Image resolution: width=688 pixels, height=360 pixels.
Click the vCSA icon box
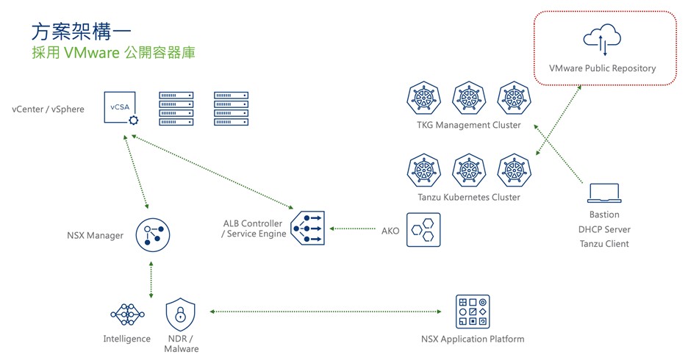click(x=120, y=109)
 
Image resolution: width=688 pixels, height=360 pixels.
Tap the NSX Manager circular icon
click(x=152, y=235)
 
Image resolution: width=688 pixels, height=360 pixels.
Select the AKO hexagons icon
click(x=423, y=229)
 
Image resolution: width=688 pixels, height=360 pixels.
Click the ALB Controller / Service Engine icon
click(x=307, y=228)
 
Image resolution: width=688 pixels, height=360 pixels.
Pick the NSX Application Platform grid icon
click(x=472, y=312)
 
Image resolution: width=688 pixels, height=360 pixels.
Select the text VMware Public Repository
click(x=602, y=68)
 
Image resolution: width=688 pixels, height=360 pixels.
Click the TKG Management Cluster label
click(x=468, y=125)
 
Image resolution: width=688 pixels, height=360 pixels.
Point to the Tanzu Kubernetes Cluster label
click(x=468, y=197)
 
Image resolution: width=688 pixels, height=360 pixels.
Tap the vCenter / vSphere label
click(x=49, y=109)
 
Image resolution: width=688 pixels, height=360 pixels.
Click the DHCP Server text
click(x=604, y=229)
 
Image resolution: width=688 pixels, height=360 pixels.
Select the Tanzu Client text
click(x=604, y=244)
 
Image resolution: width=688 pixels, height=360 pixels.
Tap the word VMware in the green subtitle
click(x=87, y=54)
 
